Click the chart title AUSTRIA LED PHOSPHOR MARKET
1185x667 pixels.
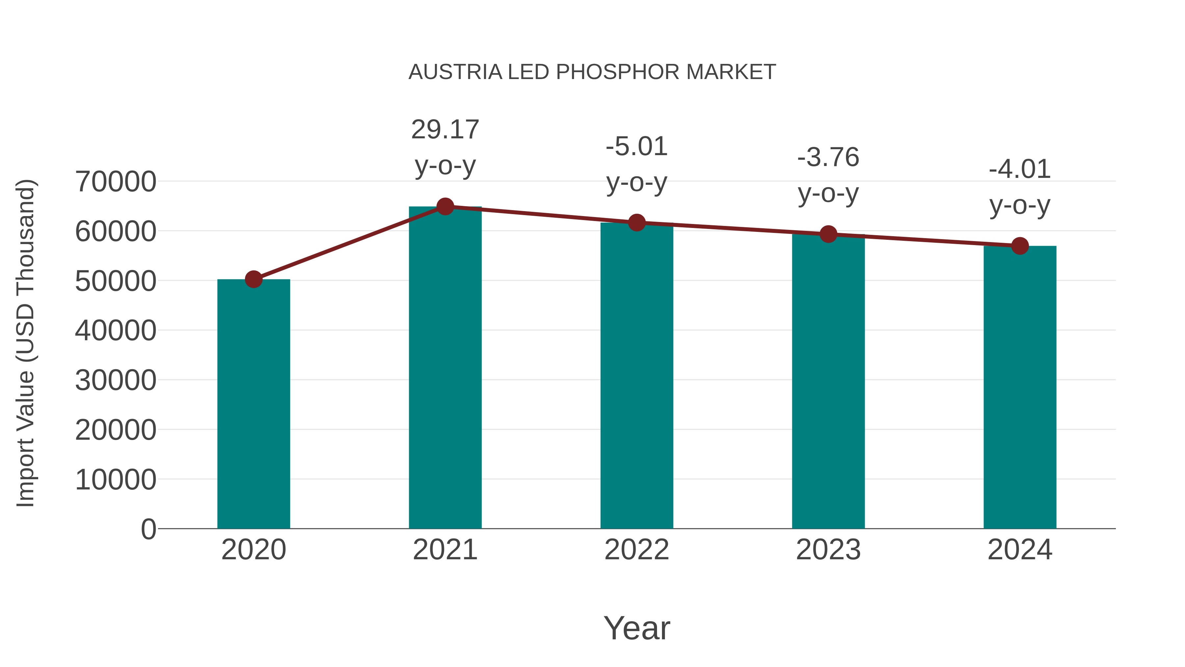pos(592,72)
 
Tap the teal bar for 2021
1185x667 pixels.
pos(445,368)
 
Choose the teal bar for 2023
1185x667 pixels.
pos(828,382)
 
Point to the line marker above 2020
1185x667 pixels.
pos(253,279)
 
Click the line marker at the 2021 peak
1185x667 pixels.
pos(445,207)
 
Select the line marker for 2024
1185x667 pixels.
pos(1020,246)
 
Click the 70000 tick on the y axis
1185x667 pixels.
pos(116,181)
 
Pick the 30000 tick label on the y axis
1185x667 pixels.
pos(116,380)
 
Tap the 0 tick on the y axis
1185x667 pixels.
pos(148,529)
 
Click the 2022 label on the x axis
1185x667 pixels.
pos(637,550)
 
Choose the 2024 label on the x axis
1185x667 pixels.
pos(1020,550)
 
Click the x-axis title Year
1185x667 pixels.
pos(637,628)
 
